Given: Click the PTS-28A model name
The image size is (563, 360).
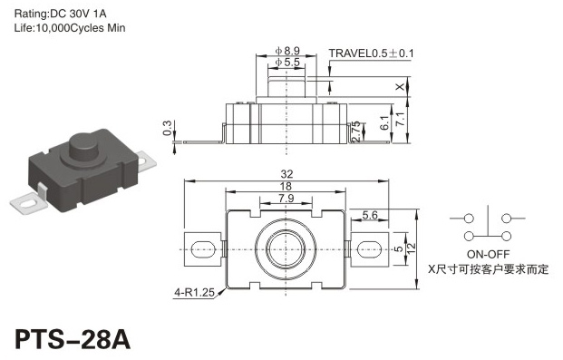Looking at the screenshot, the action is [x=73, y=339].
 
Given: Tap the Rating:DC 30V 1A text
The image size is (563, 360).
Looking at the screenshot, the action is [x=61, y=14].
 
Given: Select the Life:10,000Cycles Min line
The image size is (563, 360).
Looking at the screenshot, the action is [x=70, y=28].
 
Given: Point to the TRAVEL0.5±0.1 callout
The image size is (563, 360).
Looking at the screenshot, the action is [x=372, y=54].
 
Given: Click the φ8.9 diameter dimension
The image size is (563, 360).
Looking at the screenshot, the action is [x=287, y=51].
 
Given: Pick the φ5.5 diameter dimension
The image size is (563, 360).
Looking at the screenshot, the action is [x=287, y=63].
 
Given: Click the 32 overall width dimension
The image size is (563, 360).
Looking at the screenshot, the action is [x=286, y=174].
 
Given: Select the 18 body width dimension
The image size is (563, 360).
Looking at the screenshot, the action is [x=286, y=187].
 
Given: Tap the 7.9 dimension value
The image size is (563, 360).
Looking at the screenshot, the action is [x=286, y=198].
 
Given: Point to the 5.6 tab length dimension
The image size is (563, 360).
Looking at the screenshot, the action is [x=370, y=215].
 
